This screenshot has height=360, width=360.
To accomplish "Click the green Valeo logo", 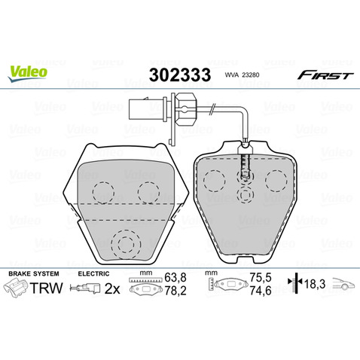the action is point(27,73).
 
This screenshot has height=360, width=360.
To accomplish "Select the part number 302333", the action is point(180,75).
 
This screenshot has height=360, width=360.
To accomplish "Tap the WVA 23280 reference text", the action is point(242,75).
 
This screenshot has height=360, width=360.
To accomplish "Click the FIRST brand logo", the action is point(325,75).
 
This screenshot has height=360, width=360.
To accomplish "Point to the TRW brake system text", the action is point(47,288).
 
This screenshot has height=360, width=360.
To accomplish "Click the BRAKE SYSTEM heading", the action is point(34,273).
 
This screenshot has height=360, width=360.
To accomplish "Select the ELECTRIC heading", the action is point(93,273).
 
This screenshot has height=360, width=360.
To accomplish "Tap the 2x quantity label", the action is point(112,289).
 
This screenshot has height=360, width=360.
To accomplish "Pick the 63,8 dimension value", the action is point(175,278).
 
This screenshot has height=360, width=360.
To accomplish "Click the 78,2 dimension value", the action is point(175,291).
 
